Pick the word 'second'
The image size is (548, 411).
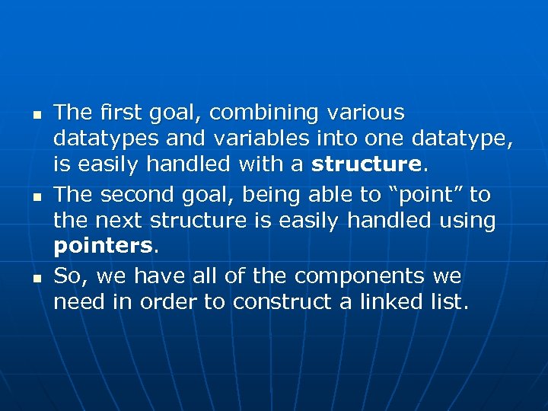pyautogui.click(x=130, y=195)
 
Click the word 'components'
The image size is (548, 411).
pyautogui.click(x=361, y=276)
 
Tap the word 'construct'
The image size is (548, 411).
pyautogui.click(x=283, y=302)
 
